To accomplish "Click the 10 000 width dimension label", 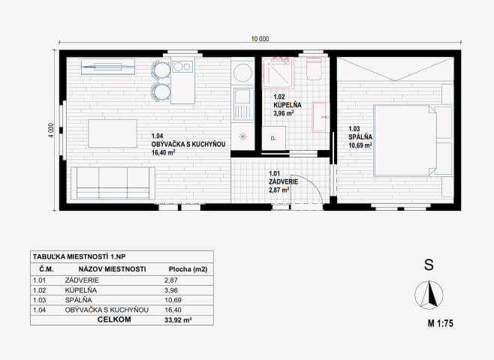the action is [x=260, y=39].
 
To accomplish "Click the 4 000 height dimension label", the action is [x=51, y=129].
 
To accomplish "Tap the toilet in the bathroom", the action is [x=314, y=68].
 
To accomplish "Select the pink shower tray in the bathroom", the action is [x=279, y=72].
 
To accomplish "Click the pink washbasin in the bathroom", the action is [x=321, y=117].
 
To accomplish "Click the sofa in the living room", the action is [x=113, y=183].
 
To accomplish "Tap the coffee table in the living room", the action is [x=113, y=133].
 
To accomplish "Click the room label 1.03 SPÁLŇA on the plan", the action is [x=360, y=133].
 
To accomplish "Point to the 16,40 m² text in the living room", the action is [x=163, y=152].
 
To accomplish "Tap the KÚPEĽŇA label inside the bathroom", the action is [x=287, y=105].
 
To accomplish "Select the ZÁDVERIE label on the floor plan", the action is [x=283, y=182].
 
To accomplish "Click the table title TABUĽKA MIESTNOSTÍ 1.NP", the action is [x=79, y=256].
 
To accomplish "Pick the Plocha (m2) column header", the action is [x=188, y=269].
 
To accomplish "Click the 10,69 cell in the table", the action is [x=173, y=300].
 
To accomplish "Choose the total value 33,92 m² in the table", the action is [x=178, y=320].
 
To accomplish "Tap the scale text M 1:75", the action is [x=440, y=323].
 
